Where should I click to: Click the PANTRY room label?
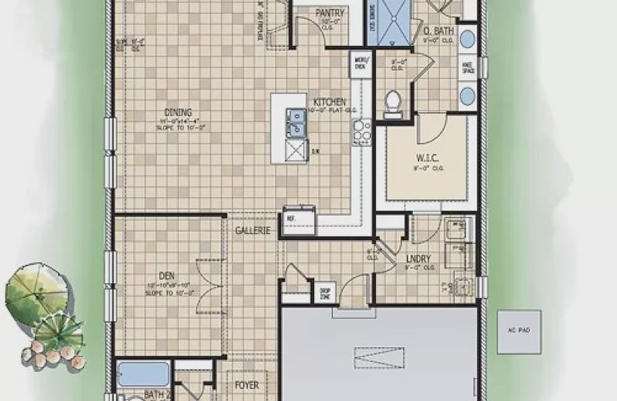[330, 13]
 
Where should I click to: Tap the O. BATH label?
[439, 31]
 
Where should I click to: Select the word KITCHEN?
[327, 102]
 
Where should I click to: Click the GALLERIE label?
[252, 231]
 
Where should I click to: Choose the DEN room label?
[166, 275]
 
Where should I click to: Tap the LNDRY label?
[417, 259]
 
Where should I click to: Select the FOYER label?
[247, 386]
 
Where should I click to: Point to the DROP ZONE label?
[326, 291]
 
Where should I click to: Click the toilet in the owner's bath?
[393, 102]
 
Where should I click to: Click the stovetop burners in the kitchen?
[362, 133]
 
